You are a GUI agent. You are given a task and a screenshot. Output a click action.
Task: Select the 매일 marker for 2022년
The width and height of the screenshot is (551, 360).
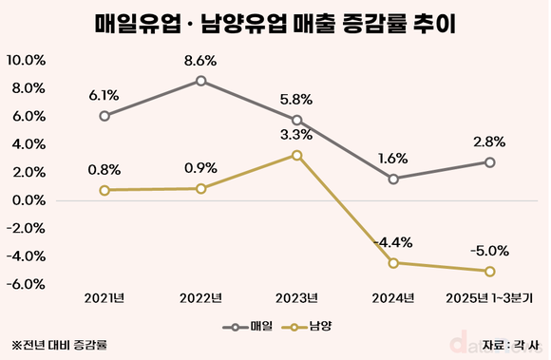201,81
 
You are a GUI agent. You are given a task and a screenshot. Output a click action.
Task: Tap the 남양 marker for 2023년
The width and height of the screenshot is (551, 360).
297,155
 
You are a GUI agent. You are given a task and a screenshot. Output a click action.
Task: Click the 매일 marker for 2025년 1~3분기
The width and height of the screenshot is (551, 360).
489,162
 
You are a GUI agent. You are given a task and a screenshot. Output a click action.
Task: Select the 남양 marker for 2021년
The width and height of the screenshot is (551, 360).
104,190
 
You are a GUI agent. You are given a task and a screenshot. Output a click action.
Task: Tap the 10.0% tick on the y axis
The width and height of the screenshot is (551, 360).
27,60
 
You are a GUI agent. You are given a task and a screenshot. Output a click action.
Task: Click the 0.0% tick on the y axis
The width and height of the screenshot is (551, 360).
29,200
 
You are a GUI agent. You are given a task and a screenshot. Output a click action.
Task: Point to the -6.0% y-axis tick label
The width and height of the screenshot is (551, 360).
28,284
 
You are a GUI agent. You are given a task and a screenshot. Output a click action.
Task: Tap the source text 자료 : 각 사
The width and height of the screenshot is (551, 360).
514,345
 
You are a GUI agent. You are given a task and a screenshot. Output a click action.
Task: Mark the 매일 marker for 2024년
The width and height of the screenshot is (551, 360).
393,179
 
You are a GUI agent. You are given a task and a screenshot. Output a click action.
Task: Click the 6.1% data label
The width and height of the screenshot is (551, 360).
104,95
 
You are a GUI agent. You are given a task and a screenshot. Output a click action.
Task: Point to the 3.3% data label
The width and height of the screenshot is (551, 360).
297,134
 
